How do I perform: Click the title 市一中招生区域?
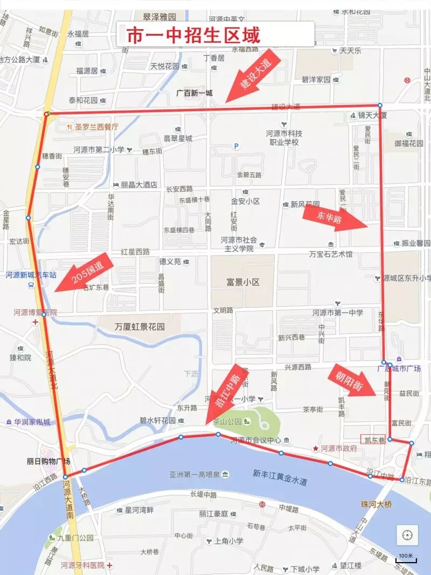point(193,36)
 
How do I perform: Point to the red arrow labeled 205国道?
point(84,273)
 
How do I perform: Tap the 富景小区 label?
point(243,282)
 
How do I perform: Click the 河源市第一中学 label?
point(337,313)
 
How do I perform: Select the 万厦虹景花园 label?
point(140,327)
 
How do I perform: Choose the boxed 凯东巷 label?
point(373,440)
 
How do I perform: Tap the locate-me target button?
point(407,536)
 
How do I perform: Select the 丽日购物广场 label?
point(48,461)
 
